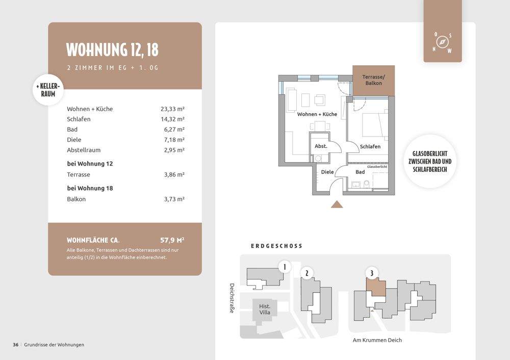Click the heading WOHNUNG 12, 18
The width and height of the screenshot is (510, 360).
click(x=112, y=49)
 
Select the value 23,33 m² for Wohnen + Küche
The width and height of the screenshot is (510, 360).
click(x=172, y=109)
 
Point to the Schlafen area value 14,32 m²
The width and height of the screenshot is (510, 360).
click(x=172, y=119)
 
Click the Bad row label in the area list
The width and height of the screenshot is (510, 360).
click(x=72, y=130)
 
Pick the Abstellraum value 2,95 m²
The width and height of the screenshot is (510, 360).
click(x=174, y=150)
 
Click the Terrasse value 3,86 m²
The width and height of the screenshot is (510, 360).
click(x=174, y=174)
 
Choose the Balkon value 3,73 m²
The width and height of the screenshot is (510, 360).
click(x=174, y=199)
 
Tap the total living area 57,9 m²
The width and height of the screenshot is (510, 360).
click(x=172, y=240)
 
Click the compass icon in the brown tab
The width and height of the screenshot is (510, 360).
click(x=442, y=42)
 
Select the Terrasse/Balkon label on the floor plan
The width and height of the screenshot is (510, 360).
click(x=373, y=80)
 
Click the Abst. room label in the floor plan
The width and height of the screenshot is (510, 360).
click(x=321, y=146)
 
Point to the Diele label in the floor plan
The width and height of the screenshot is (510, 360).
click(x=327, y=172)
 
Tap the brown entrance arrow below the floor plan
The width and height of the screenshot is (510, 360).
click(x=337, y=204)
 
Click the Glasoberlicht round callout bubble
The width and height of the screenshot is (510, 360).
click(x=430, y=161)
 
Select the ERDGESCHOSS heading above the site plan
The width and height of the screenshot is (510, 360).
click(x=277, y=246)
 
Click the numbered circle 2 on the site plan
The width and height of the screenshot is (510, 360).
click(x=307, y=273)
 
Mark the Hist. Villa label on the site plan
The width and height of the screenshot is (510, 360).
click(x=265, y=310)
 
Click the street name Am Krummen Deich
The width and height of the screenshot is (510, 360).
click(x=377, y=340)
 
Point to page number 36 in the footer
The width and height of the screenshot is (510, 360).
click(x=16, y=345)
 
